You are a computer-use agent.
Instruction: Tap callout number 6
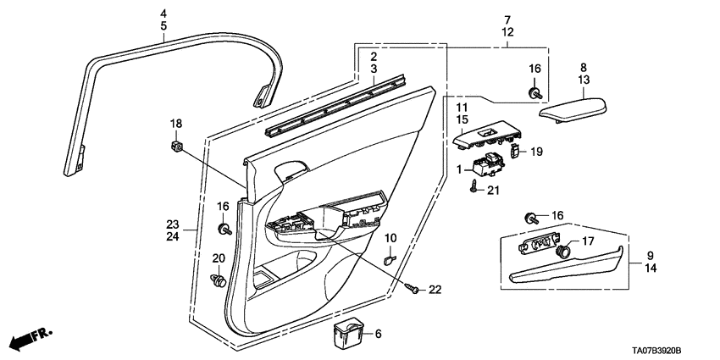pos(379,335)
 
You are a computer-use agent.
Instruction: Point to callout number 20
pos(218,258)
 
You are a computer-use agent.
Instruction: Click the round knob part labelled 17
pos(562,251)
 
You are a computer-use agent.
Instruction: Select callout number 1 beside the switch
pos(461,170)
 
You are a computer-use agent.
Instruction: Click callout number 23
pos(172,224)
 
